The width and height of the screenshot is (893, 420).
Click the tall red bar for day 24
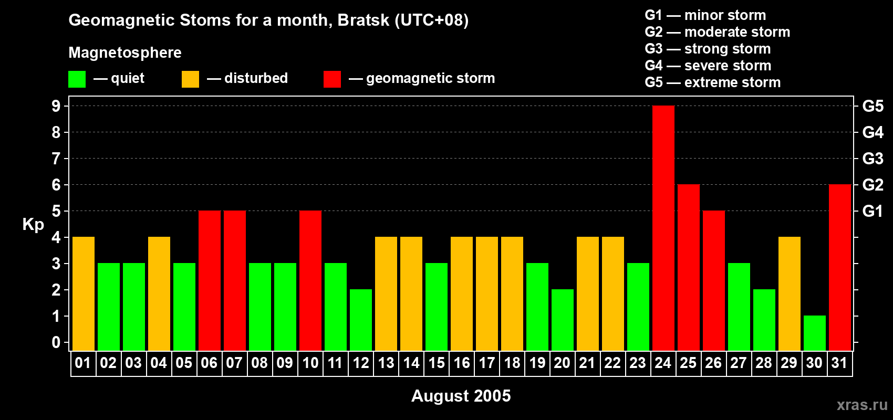point(663,228)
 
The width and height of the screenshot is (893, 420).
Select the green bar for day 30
point(815,333)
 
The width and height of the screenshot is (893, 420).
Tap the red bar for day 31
point(840,267)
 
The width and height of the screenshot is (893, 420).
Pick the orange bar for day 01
point(84,293)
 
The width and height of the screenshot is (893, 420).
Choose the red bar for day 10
point(310,280)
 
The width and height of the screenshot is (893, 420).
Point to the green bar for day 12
point(361,320)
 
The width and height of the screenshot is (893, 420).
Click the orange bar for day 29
point(790,293)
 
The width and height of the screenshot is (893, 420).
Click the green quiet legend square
point(77,79)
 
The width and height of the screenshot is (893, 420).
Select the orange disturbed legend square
point(190,79)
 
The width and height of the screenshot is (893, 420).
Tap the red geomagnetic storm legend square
point(332,79)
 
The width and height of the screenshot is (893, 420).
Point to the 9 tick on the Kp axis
point(56,106)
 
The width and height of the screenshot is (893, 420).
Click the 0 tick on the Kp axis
point(56,342)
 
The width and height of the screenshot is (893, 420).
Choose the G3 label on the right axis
point(873,159)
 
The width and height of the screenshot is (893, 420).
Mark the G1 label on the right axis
point(873,211)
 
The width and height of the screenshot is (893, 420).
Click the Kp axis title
point(33,224)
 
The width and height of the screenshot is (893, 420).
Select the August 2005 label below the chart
point(461,396)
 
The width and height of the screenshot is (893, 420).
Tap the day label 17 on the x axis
point(487,363)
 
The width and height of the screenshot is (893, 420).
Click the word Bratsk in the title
point(363,20)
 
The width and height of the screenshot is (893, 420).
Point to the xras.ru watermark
point(862,405)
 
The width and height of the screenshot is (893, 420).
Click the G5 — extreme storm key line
point(712,82)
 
